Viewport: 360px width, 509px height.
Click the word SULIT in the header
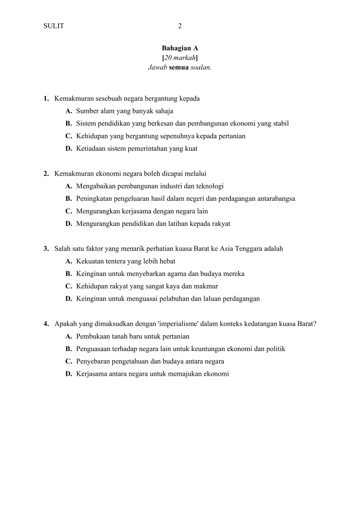(54, 26)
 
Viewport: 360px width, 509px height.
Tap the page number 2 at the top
(180, 26)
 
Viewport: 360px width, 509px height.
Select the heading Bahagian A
(180, 48)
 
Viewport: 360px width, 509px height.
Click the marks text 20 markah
(180, 58)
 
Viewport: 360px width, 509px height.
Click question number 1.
(46, 98)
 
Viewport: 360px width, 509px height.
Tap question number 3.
(46, 248)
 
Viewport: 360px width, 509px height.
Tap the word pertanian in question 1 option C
(231, 136)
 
